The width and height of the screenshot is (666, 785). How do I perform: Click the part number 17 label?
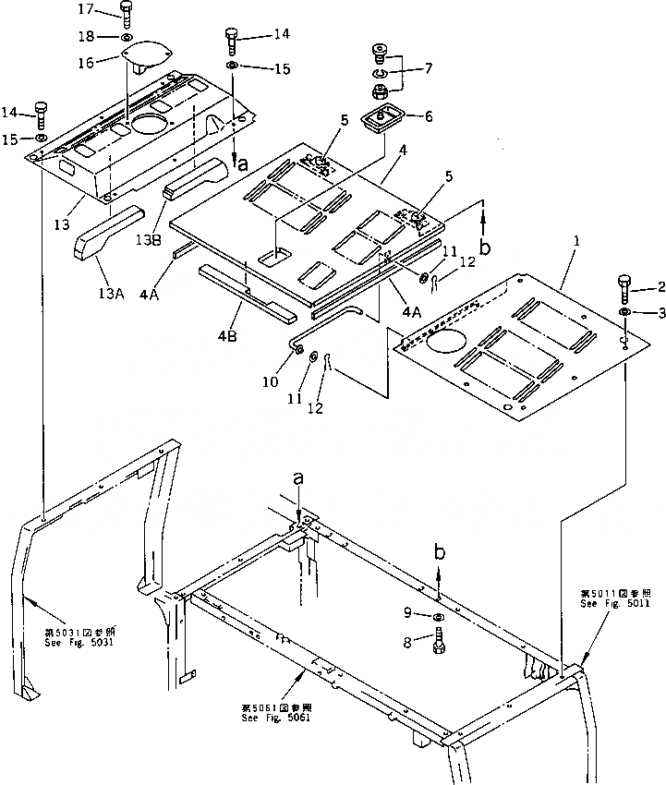pyautogui.click(x=85, y=9)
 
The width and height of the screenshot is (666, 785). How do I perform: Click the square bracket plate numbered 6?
pyautogui.click(x=378, y=119)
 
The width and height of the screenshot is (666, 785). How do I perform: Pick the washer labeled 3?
pyautogui.click(x=625, y=314)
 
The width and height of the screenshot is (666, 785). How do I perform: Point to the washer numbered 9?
pyautogui.click(x=438, y=616)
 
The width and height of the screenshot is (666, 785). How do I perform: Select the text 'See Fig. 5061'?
pyautogui.click(x=274, y=718)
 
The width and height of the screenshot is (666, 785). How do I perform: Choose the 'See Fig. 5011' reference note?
pyautogui.click(x=615, y=602)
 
